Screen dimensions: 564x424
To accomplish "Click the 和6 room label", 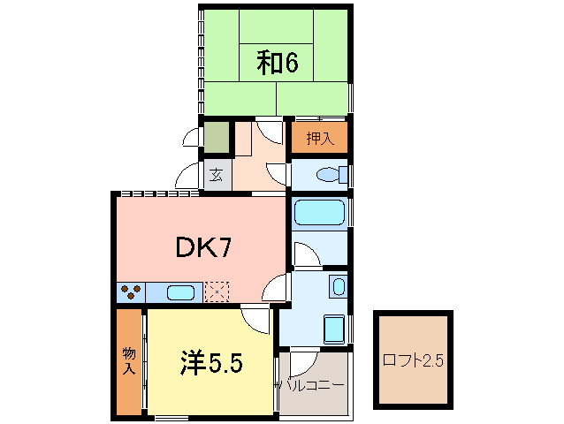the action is (278, 63).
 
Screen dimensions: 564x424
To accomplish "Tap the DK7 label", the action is (203, 247).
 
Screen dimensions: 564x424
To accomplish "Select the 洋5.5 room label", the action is (211, 362).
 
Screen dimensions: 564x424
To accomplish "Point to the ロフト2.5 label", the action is (413, 360).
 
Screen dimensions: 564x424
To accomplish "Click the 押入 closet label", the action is (320, 139).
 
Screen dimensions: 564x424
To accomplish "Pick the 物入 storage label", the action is (129, 360).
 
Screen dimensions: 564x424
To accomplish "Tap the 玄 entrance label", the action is (216, 176).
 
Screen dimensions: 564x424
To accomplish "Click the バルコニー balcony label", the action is (312, 385).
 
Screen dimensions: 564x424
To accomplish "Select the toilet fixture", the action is (332, 175).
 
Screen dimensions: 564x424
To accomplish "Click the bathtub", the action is (319, 213).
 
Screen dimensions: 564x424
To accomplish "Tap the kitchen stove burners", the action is (131, 291).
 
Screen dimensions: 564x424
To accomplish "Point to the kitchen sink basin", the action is (181, 292).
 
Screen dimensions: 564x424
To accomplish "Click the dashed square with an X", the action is (217, 292).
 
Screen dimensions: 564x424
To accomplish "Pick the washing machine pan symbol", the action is (334, 329).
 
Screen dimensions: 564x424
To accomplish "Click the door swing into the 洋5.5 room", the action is (255, 319).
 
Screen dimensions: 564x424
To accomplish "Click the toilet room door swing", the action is (277, 176).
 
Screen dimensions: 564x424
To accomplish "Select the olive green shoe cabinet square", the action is (217, 137).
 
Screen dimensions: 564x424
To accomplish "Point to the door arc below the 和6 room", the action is (270, 132).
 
